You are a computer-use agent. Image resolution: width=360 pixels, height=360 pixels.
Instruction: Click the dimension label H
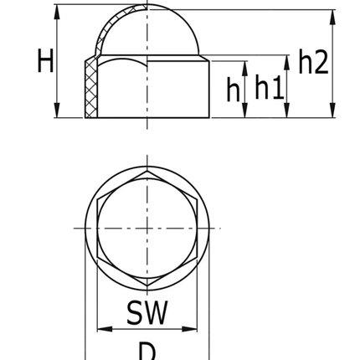click(x=45, y=61)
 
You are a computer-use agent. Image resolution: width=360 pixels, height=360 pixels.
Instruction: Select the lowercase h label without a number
click(x=233, y=89)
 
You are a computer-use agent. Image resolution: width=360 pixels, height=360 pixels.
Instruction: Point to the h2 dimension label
click(x=314, y=61)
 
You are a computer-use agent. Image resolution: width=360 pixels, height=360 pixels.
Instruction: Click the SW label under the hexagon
click(x=147, y=312)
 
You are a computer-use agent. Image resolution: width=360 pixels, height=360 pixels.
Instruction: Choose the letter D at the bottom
click(x=147, y=350)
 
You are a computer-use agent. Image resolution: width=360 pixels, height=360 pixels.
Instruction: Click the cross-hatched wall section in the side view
click(x=90, y=87)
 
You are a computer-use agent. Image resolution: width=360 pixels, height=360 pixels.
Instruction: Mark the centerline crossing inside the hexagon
click(x=147, y=227)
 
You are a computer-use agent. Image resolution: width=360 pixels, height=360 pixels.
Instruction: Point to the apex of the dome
click(x=147, y=6)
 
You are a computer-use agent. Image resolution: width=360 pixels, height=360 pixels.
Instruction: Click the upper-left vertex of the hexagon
click(x=99, y=199)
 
